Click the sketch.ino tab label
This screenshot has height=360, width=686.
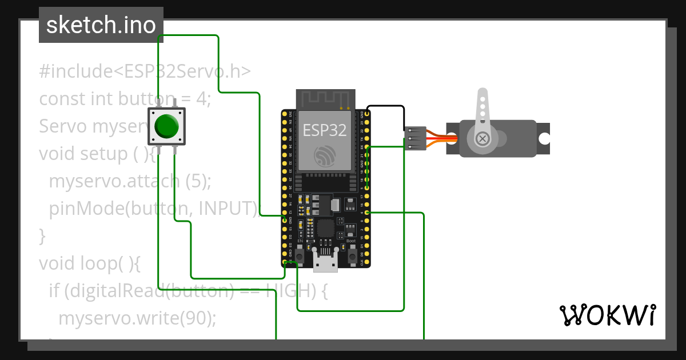coord(101,25)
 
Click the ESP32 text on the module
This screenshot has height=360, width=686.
coord(324,130)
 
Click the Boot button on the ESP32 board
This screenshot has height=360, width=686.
coord(352,254)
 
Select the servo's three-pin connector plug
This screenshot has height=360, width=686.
coord(416,138)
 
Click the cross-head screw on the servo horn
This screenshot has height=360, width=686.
coord(483,138)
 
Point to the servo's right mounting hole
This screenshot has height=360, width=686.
coord(544,138)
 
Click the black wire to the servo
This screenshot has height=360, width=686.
coord(386,107)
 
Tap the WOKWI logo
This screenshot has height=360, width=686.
coord(607,315)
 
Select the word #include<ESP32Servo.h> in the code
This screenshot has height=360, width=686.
coord(145,71)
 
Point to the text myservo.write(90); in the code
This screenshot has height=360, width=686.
coord(137,318)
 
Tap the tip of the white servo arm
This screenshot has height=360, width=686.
coord(482,93)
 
